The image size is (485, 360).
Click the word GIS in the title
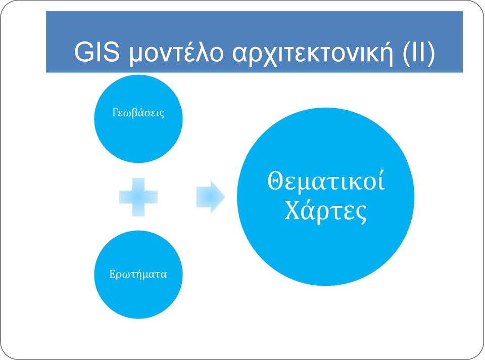(97, 52)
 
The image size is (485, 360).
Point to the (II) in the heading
(419, 53)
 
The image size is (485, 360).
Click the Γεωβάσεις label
(138, 113)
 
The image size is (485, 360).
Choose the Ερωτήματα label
(138, 274)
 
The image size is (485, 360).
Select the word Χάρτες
(325, 211)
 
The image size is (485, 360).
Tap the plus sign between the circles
(138, 197)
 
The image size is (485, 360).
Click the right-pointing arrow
(211, 197)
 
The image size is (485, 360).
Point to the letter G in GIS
(83, 52)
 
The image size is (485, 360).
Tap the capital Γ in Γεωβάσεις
(116, 112)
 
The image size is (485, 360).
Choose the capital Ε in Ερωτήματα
(113, 274)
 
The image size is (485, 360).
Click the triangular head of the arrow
(217, 197)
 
